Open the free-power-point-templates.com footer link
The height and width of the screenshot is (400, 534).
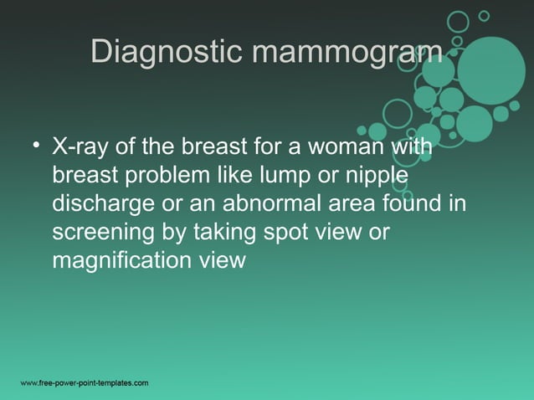pyautogui.click(x=84, y=383)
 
